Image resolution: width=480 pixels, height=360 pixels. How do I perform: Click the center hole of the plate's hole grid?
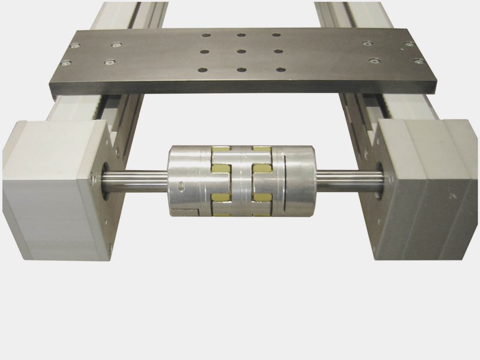[x=240, y=51]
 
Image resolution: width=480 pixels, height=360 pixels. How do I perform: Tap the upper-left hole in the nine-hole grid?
[x=205, y=35]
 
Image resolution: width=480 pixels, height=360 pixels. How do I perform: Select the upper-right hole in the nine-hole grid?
[x=276, y=35]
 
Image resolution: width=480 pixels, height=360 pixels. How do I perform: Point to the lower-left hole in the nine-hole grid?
[x=202, y=70]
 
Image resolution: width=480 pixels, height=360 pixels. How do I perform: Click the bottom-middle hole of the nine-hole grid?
[x=241, y=70]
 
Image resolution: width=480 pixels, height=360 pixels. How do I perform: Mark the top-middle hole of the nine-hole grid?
[x=240, y=35]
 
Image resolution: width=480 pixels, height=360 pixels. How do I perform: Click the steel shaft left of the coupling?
[x=136, y=180]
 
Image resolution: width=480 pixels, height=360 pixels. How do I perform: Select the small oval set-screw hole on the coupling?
[x=181, y=187]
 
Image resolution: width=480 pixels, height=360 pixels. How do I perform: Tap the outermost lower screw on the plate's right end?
[x=419, y=61]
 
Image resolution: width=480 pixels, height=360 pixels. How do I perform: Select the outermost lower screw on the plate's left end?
[x=66, y=62]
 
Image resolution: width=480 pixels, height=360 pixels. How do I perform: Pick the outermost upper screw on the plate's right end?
[x=409, y=45]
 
